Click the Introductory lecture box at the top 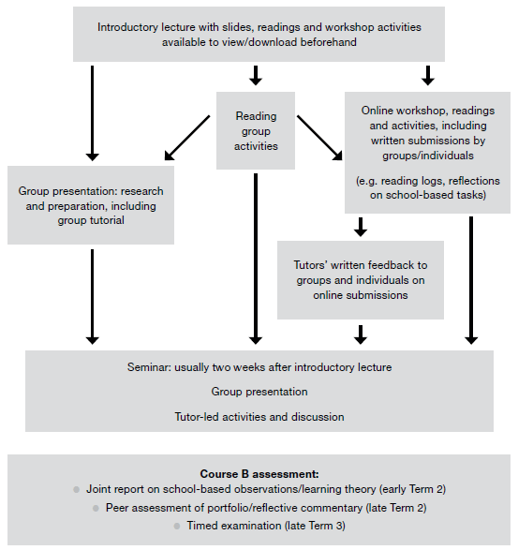259,35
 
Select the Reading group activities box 255,130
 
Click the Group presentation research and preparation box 90,205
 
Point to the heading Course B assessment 259,473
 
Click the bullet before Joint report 76,489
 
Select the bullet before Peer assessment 96,508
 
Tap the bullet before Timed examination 150,527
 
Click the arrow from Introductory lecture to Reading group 255,74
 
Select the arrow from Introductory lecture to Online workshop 429,74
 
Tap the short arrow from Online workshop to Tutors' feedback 360,226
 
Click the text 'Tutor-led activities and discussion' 259,416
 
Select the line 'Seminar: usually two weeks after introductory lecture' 259,366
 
